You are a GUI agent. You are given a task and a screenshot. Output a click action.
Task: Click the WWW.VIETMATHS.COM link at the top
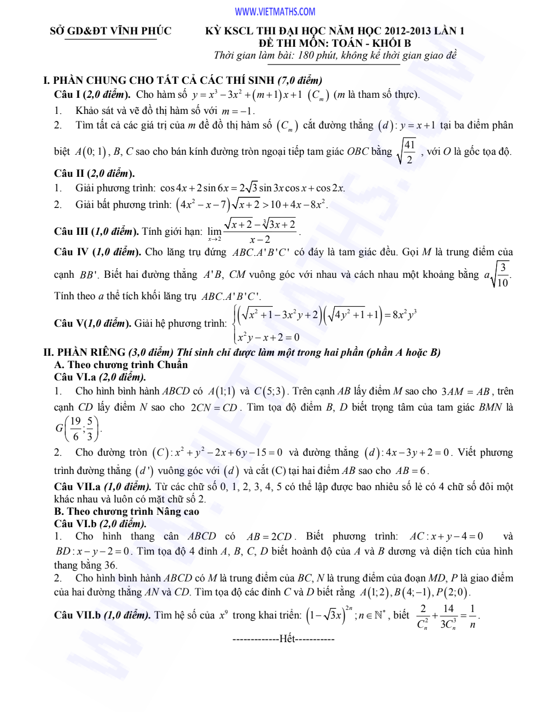point(275,12)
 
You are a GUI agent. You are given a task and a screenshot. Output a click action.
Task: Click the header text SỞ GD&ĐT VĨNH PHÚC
point(111,31)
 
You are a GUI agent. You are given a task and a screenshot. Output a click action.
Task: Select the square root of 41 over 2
point(407,152)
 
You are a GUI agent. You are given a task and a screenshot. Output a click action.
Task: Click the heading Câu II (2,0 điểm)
point(94,173)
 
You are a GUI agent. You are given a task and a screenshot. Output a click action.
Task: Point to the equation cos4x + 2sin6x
point(252,188)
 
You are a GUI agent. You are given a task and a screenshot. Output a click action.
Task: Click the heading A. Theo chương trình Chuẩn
point(121,365)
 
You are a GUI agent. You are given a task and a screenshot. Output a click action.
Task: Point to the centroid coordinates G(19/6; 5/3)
point(78,428)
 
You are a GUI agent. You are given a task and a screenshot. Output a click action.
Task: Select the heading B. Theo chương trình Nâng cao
point(126,512)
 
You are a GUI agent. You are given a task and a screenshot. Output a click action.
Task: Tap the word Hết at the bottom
point(287,639)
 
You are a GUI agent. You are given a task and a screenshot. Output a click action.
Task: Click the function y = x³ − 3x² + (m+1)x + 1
point(247,95)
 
